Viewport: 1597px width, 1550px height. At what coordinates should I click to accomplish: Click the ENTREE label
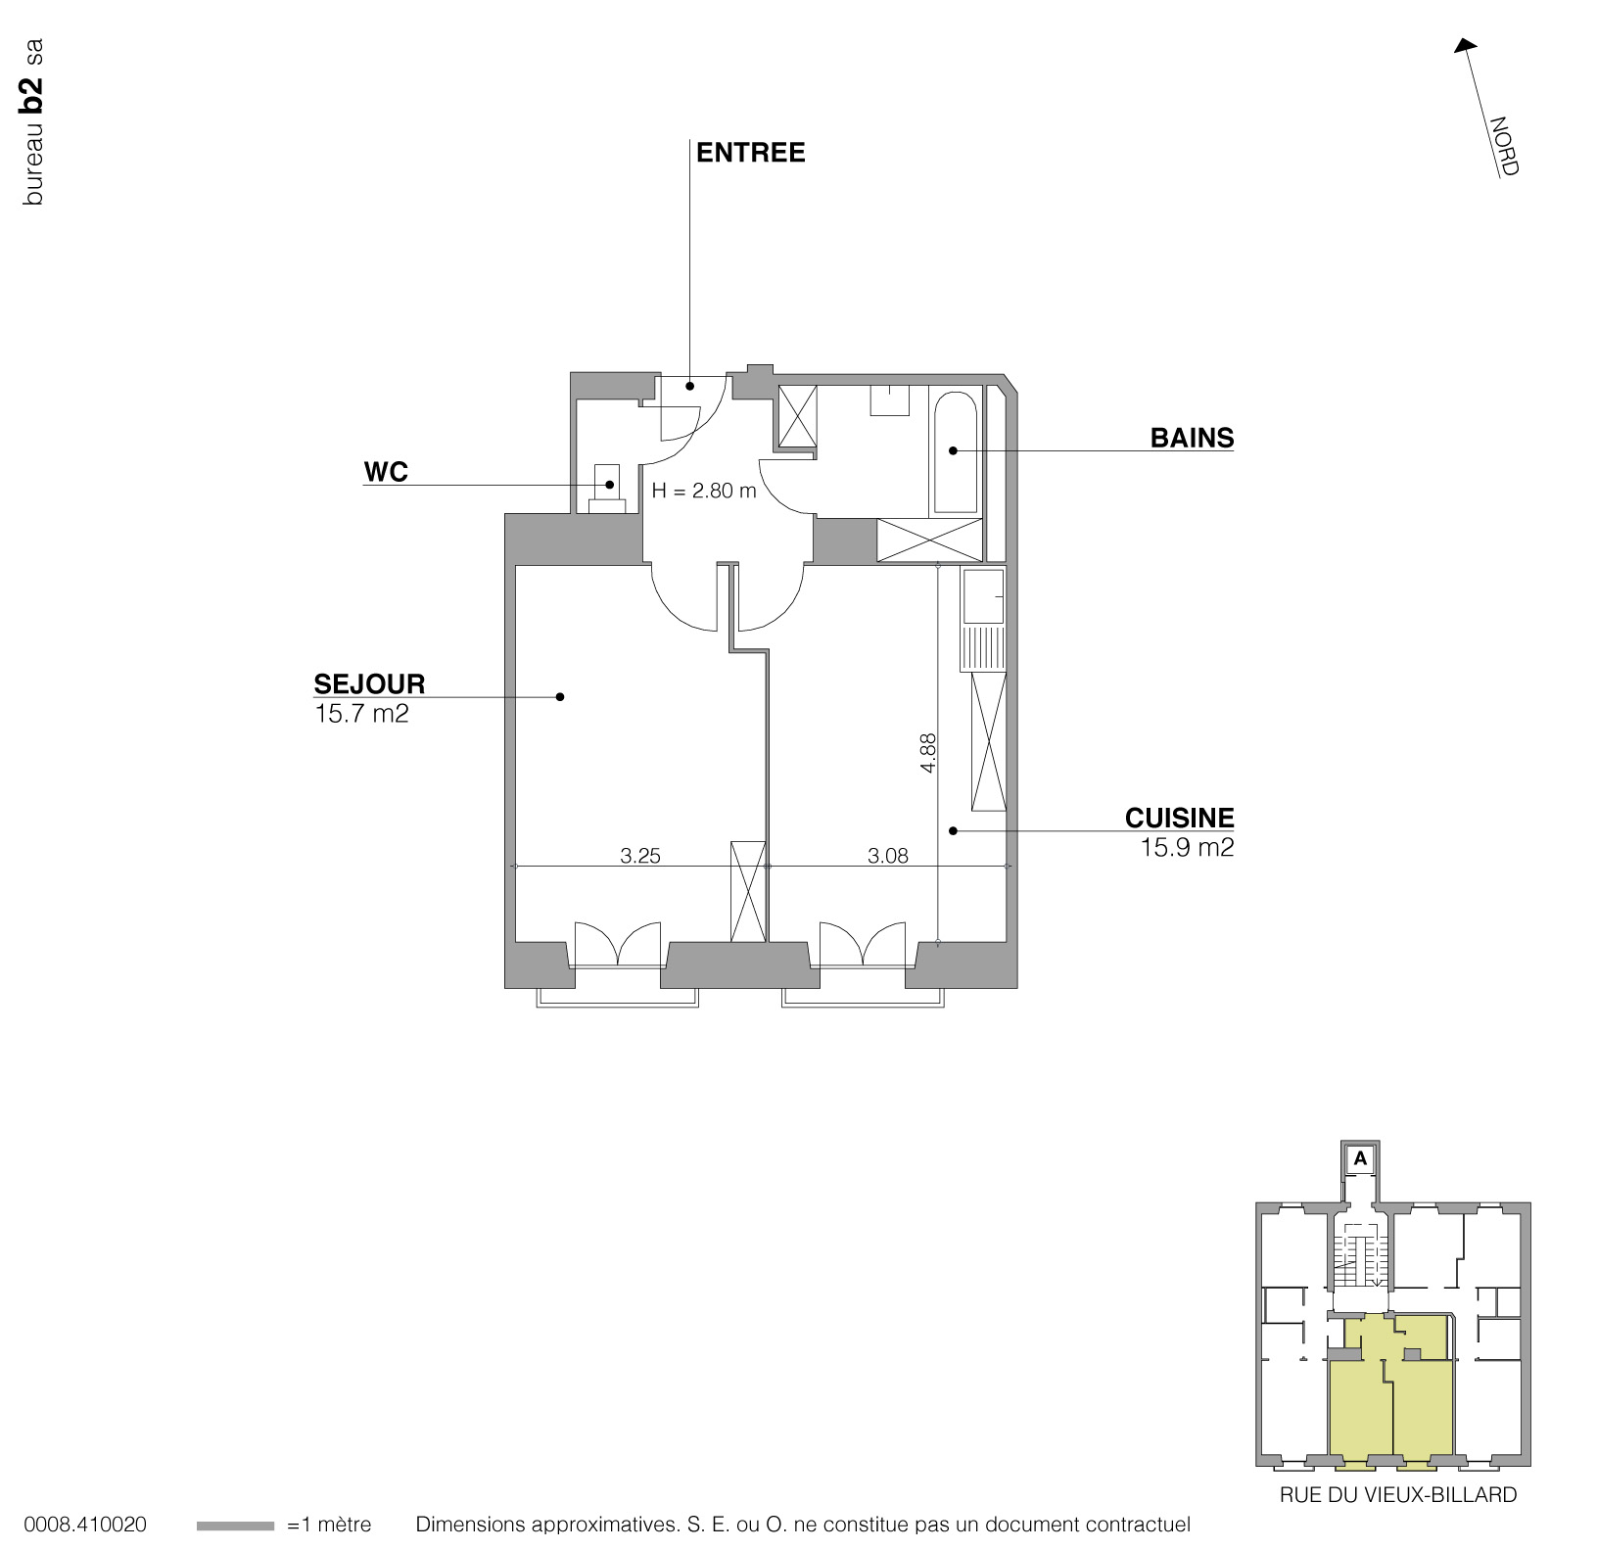[x=750, y=153]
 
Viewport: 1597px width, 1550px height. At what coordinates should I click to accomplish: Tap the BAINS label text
[x=1192, y=438]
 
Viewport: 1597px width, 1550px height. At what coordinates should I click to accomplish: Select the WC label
[x=386, y=472]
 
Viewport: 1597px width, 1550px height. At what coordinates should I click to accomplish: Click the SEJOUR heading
[x=369, y=683]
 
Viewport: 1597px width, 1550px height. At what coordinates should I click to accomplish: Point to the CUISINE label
[x=1179, y=818]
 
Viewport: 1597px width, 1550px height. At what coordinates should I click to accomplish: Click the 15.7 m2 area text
[x=361, y=714]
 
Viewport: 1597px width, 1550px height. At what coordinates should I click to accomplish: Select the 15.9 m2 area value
[x=1187, y=847]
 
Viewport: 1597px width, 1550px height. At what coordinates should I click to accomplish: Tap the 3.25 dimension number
[x=640, y=856]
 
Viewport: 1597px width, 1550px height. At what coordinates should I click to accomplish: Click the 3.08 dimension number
[x=888, y=856]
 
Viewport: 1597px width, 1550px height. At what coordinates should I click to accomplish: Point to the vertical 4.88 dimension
[x=928, y=753]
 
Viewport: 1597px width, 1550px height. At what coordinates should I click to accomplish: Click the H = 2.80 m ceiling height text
[x=704, y=491]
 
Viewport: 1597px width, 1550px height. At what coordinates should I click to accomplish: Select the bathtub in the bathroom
[x=956, y=452]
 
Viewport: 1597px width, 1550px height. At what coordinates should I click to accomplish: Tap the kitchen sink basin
[x=982, y=595]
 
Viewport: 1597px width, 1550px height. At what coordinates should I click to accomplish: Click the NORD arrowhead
[x=1464, y=46]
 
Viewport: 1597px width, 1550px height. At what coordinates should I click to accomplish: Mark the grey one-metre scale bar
[x=235, y=1526]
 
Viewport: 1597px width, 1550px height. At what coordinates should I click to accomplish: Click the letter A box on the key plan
[x=1360, y=1158]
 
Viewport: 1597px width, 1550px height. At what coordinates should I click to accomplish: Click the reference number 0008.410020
[x=85, y=1525]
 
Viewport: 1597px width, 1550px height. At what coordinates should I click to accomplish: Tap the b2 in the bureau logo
[x=32, y=95]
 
